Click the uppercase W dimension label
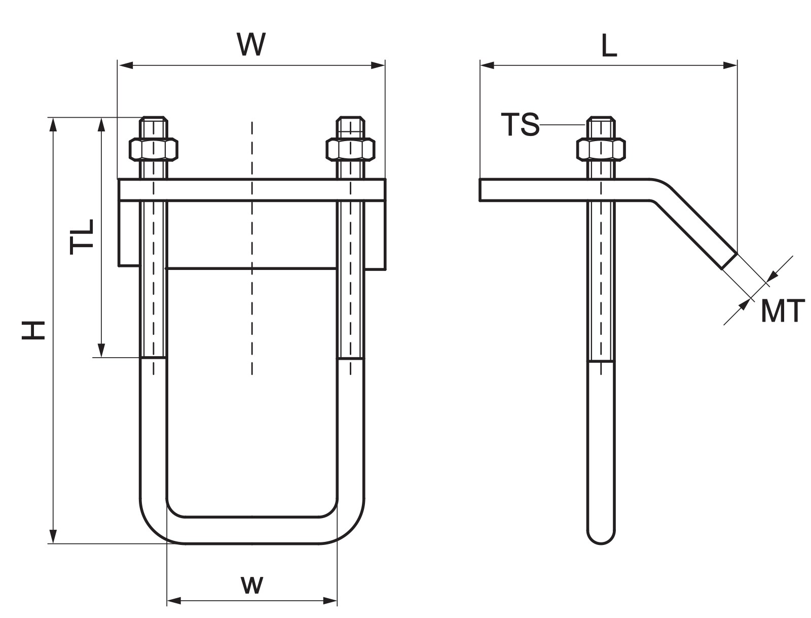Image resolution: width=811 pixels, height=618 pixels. pyautogui.click(x=251, y=44)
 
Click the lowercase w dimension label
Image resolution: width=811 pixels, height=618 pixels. pyautogui.click(x=252, y=585)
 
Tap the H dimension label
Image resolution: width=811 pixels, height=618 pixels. pyautogui.click(x=33, y=330)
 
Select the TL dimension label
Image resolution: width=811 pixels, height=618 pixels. pyautogui.click(x=82, y=236)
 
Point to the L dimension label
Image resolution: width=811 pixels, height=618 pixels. pyautogui.click(x=609, y=46)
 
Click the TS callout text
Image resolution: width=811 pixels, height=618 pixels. pyautogui.click(x=520, y=124)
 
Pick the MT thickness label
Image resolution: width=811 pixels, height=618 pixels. pyautogui.click(x=782, y=311)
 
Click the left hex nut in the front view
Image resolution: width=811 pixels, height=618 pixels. pyautogui.click(x=154, y=149)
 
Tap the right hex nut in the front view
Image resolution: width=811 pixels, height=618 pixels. pyautogui.click(x=350, y=149)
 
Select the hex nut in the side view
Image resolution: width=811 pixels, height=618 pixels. pyautogui.click(x=601, y=149)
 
